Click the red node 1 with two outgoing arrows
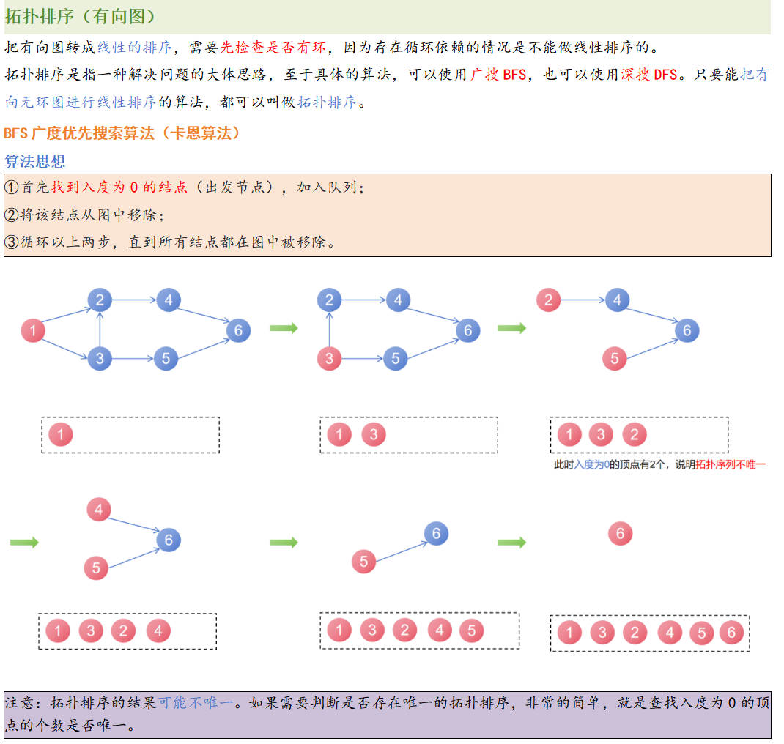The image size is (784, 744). [x=32, y=330]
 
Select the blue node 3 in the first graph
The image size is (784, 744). [x=100, y=359]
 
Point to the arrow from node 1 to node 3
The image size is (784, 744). [x=66, y=345]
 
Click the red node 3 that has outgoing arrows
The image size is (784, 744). [x=329, y=359]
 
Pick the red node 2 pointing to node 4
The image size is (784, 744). [x=548, y=300]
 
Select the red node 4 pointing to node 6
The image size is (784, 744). [x=98, y=509]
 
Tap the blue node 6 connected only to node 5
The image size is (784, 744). [x=436, y=533]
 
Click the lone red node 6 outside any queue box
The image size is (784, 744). [x=620, y=534]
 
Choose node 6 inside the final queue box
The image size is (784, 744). [x=731, y=633]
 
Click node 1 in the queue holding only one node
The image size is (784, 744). [x=61, y=435]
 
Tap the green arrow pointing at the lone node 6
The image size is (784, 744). [x=511, y=543]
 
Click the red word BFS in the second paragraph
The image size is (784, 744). [x=514, y=75]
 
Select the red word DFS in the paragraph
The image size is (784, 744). [x=665, y=75]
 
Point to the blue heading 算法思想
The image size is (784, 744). [x=34, y=161]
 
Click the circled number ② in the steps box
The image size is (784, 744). [x=12, y=215]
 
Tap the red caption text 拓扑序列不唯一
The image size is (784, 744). [x=730, y=464]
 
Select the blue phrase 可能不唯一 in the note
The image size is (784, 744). [x=196, y=703]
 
